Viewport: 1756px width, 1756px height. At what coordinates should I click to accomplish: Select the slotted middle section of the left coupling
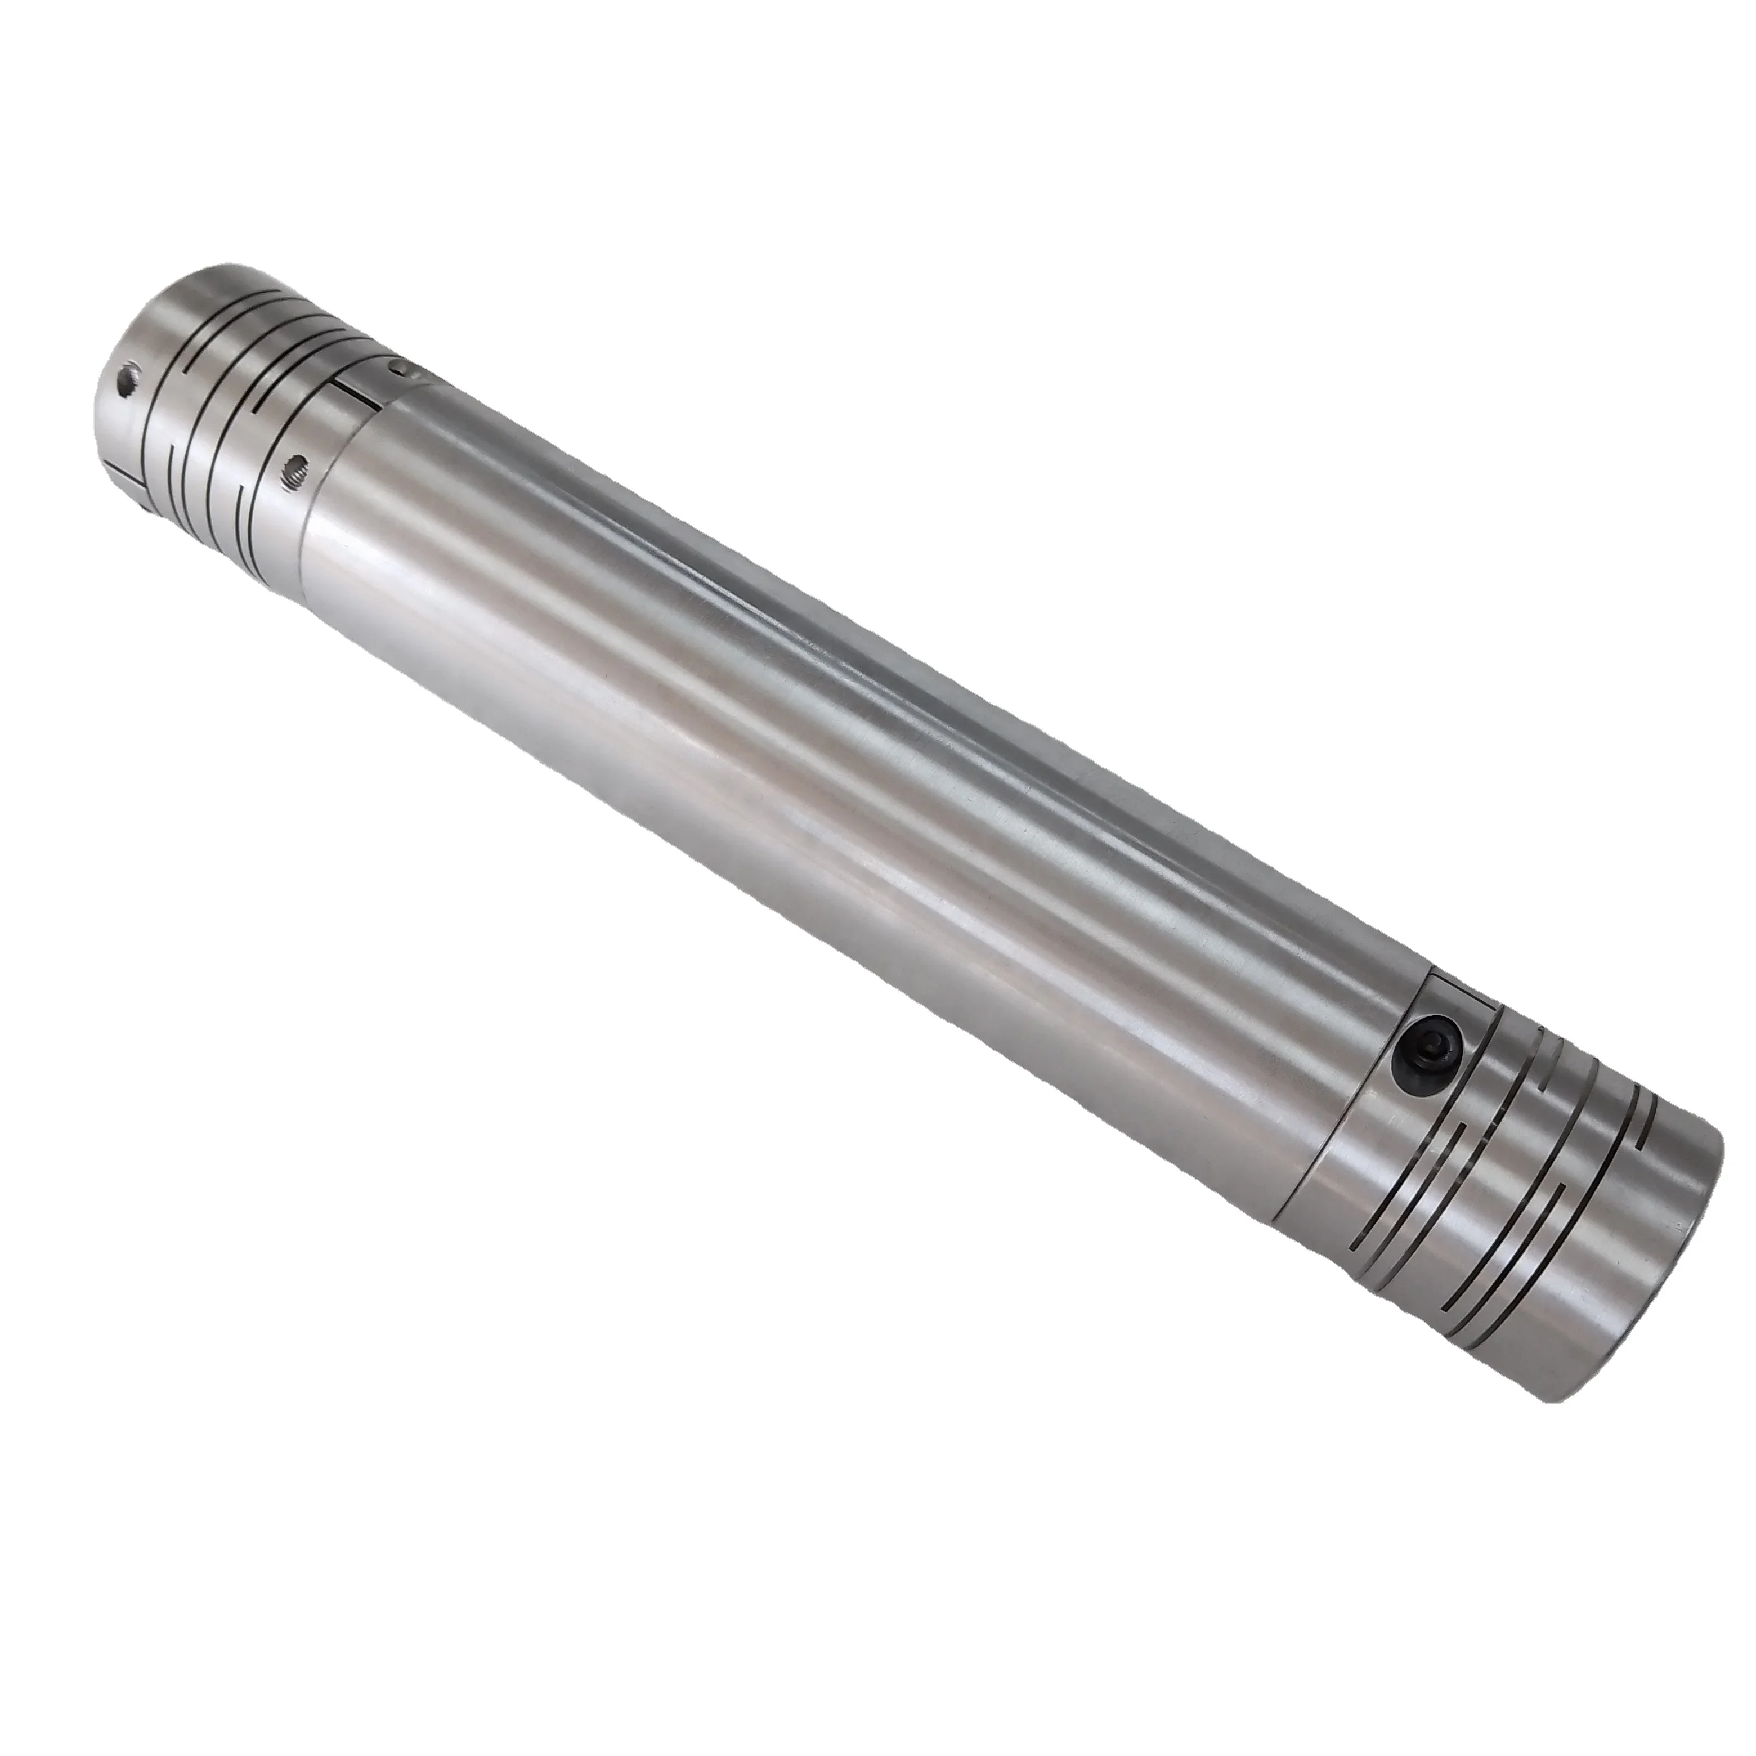(x=227, y=400)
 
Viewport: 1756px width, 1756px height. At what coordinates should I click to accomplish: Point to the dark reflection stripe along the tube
(x=909, y=636)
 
